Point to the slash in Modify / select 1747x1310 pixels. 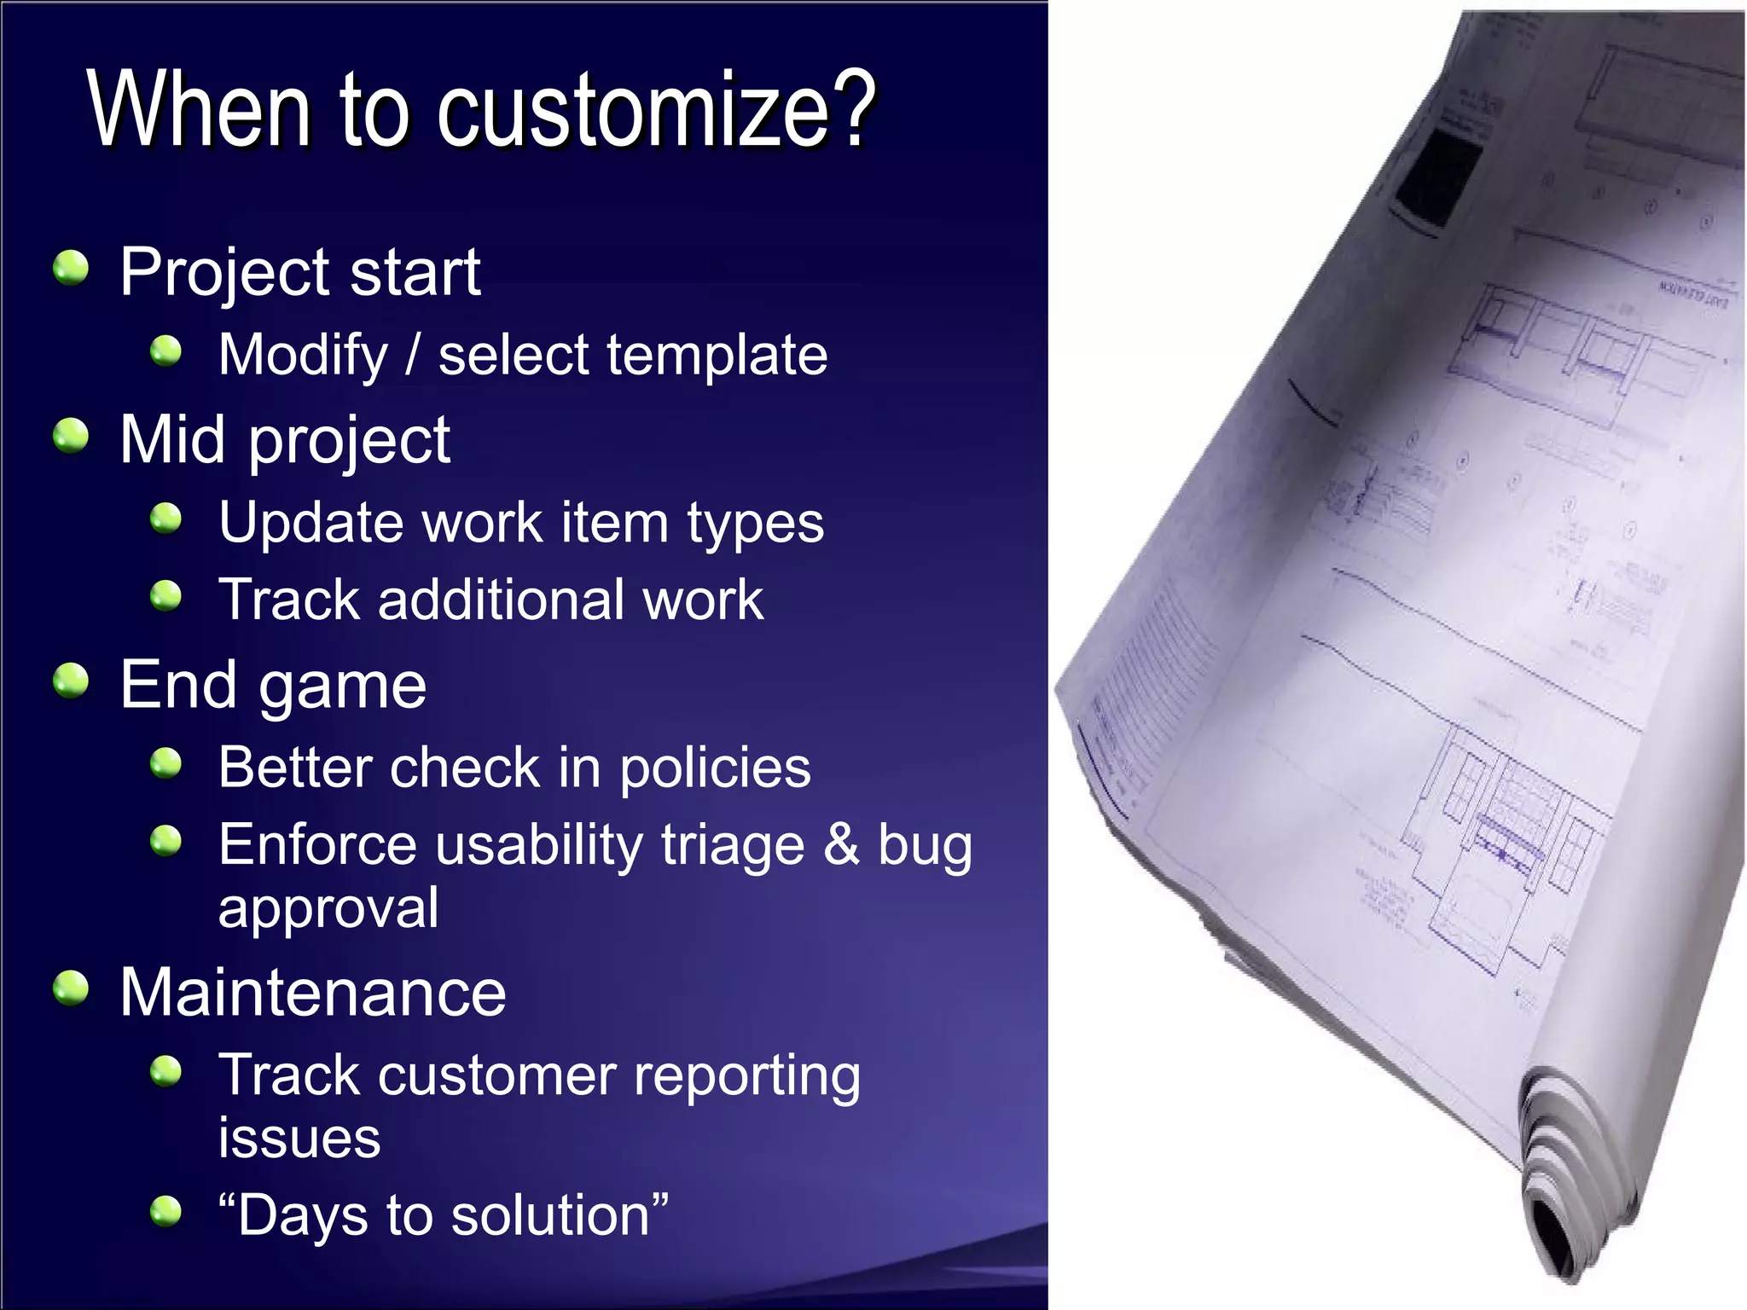[x=413, y=355]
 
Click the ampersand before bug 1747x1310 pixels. [x=841, y=844]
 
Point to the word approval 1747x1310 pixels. [x=328, y=907]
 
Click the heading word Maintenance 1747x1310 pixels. [x=313, y=993]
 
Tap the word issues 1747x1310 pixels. [x=299, y=1138]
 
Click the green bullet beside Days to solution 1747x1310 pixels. [x=166, y=1210]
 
